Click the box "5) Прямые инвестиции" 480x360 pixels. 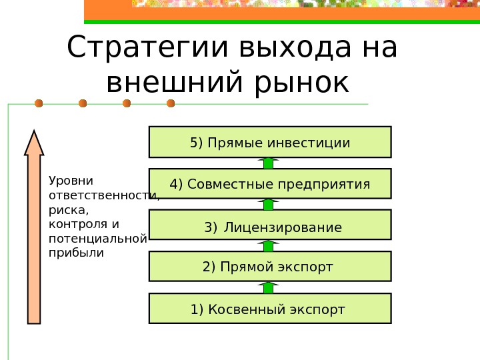269,142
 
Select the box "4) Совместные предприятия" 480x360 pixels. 269,183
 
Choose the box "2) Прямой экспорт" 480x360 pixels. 269,267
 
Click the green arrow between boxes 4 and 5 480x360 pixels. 268,163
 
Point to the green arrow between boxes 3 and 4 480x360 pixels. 268,205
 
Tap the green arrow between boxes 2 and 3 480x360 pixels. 268,246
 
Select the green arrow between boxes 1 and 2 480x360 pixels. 268,288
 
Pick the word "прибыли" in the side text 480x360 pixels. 77,253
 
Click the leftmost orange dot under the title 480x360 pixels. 39,103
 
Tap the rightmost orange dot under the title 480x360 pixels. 171,103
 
